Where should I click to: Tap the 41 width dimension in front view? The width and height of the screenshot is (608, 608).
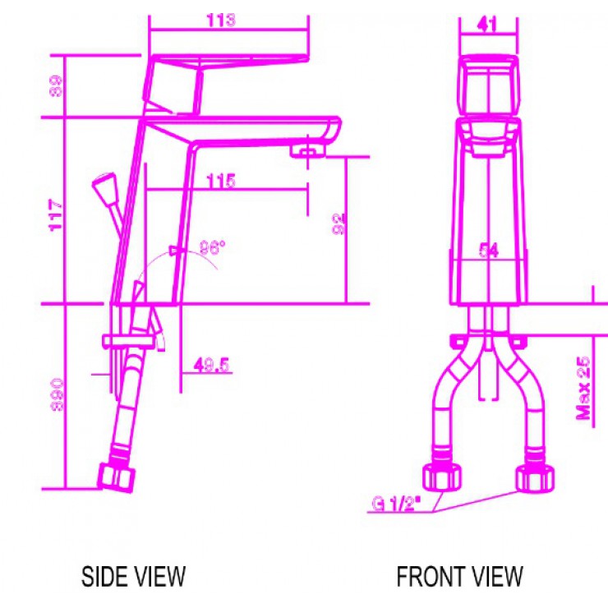point(487,24)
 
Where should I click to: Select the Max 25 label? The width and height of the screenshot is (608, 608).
point(584,388)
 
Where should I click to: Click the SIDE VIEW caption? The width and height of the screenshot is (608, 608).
point(133,576)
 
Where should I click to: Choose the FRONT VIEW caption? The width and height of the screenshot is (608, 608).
point(459,576)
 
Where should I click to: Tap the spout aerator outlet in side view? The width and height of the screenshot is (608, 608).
point(307,150)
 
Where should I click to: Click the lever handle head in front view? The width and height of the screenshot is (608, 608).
point(488,86)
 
